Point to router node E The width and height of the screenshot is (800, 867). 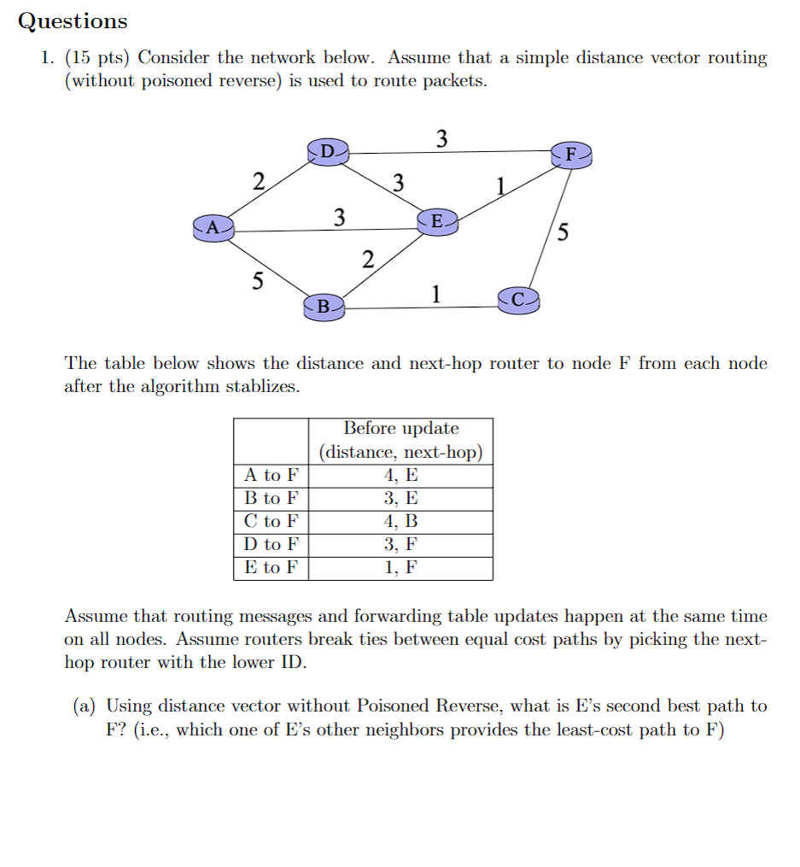coord(437,222)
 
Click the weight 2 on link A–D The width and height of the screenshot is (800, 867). coord(258,182)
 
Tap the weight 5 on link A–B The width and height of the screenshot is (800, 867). coord(257,281)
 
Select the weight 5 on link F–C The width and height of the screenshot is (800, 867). coord(561,231)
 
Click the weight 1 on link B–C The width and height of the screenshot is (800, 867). coord(435,295)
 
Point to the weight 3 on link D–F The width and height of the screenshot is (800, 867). coord(441,138)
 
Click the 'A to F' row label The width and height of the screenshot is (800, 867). coord(271,476)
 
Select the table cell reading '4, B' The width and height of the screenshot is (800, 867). coord(400,522)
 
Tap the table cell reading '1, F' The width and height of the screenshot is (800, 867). coord(400,568)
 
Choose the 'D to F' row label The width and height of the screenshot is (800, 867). coord(271,545)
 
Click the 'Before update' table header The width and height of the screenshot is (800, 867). coord(400,429)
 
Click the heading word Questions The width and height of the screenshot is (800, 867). coord(73,21)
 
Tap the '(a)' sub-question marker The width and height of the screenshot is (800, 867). coord(84,706)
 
